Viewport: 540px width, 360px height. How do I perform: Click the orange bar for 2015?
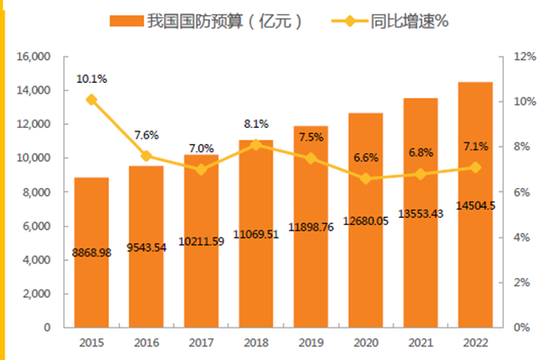91,270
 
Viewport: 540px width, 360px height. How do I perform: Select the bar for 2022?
475,270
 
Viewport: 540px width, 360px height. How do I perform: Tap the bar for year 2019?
310,270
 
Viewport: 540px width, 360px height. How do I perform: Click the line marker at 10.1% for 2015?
91,100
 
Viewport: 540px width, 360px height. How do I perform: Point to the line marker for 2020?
365,179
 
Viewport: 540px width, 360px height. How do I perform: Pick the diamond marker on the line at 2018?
256,145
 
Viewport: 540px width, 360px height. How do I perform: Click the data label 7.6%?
147,135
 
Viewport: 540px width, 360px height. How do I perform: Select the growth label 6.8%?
420,152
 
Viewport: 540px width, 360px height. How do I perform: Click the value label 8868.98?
91,255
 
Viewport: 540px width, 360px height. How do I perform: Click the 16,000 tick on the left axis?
34,57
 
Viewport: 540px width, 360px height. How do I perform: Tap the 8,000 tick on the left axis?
37,193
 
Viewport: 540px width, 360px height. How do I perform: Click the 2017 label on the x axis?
201,343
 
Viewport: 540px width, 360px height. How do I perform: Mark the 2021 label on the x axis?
420,343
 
